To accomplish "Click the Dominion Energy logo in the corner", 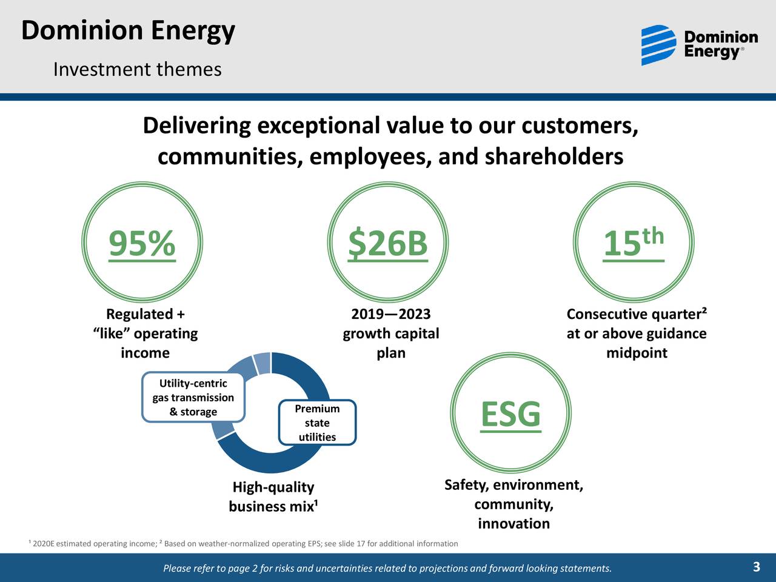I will click(x=699, y=45).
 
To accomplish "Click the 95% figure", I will click(x=142, y=244).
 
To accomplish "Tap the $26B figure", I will click(x=388, y=244).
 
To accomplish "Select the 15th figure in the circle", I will click(x=634, y=244).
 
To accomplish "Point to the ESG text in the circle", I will click(x=510, y=415).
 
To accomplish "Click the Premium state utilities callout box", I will click(x=317, y=423).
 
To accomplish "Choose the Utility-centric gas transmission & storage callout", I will click(x=193, y=398).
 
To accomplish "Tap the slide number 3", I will click(x=756, y=567).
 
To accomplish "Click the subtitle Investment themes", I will click(x=137, y=70).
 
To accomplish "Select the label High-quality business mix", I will click(x=273, y=497).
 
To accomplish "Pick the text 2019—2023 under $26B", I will click(x=391, y=314).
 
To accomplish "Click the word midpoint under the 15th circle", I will click(x=637, y=353).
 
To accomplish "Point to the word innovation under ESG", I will click(x=513, y=524).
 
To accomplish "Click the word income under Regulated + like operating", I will click(x=145, y=353).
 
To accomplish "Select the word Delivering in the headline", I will click(x=196, y=126).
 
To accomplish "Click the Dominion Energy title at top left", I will click(x=128, y=30).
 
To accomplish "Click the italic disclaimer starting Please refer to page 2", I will click(x=387, y=568).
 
